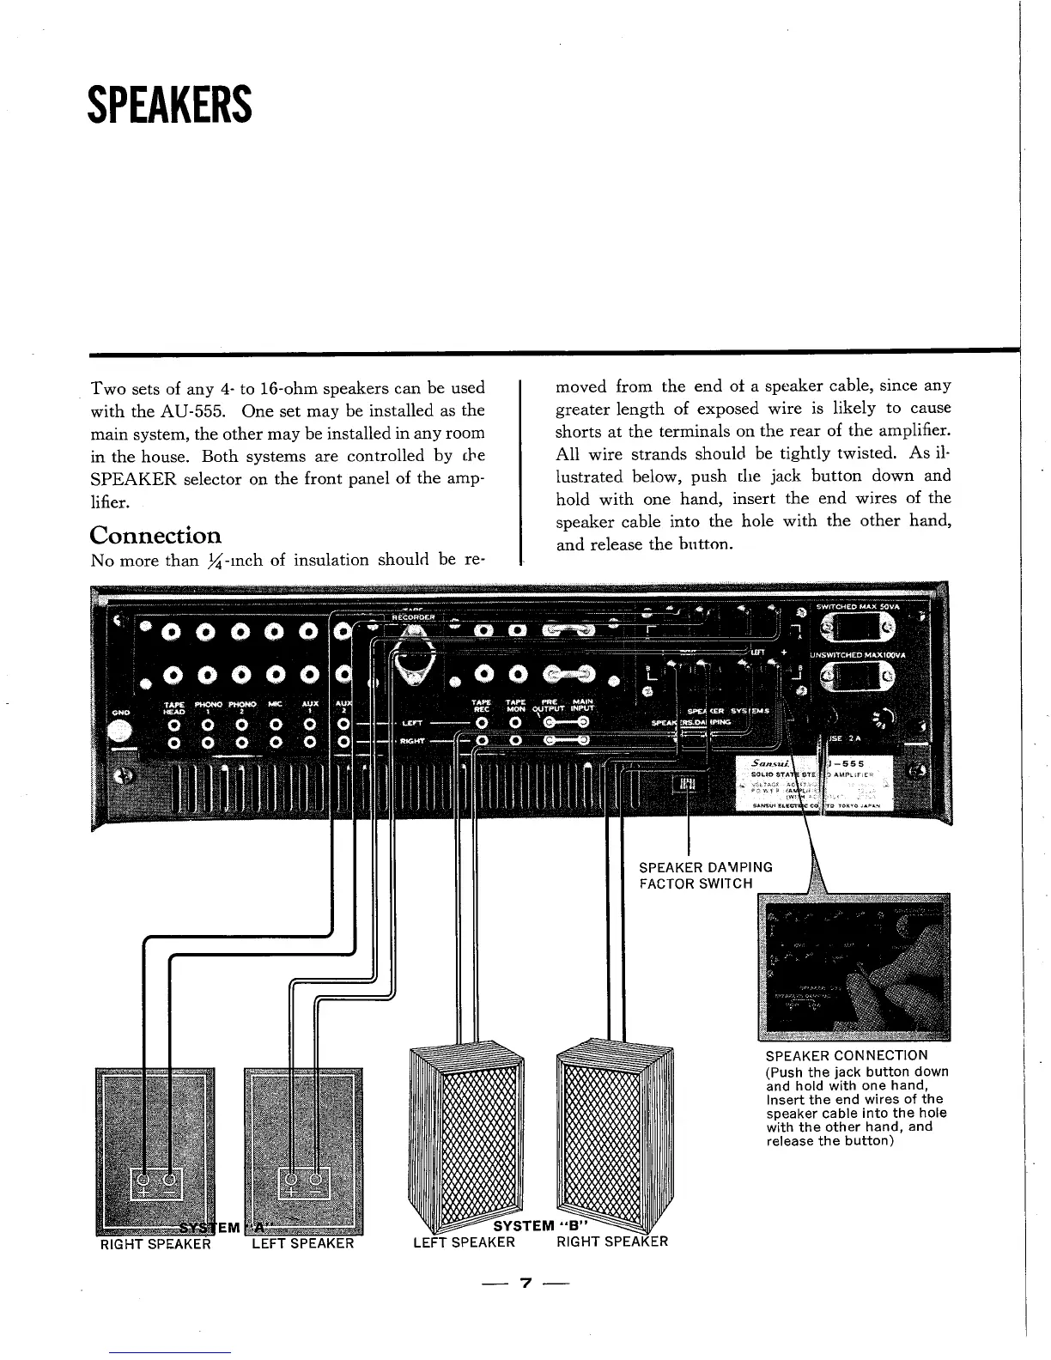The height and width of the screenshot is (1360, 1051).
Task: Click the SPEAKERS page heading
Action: pyautogui.click(x=170, y=105)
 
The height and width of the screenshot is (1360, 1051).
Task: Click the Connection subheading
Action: pyautogui.click(x=155, y=536)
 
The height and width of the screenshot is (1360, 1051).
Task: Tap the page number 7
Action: pyautogui.click(x=525, y=1284)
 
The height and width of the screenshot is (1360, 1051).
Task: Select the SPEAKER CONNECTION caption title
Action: pyautogui.click(x=846, y=1055)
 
